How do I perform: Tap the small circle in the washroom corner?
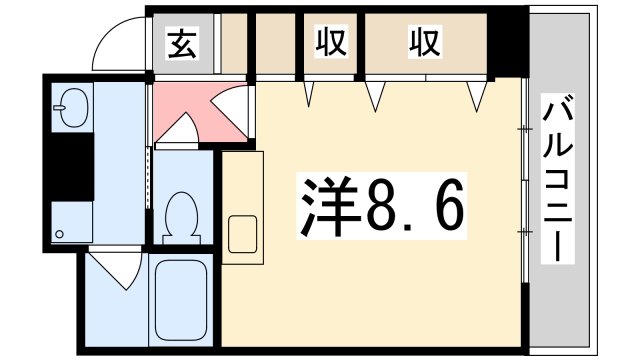click(61, 235)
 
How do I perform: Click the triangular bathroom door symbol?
click(119, 268)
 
